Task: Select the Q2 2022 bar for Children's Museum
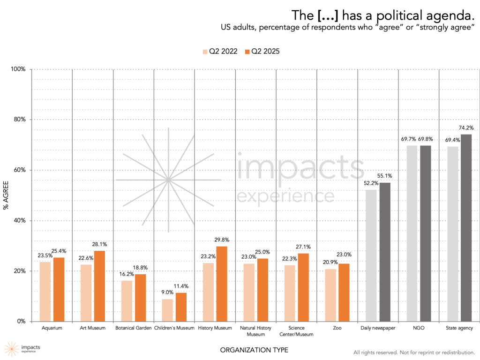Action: tap(167, 310)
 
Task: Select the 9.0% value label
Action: tap(167, 292)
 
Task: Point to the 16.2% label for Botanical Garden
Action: tap(126, 274)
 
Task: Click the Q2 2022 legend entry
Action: tap(220, 52)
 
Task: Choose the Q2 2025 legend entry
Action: tap(262, 52)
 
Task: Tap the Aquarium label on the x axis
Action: tap(52, 328)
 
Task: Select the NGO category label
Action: tap(419, 328)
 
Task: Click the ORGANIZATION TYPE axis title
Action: tap(254, 350)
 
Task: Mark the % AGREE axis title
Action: tap(7, 195)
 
